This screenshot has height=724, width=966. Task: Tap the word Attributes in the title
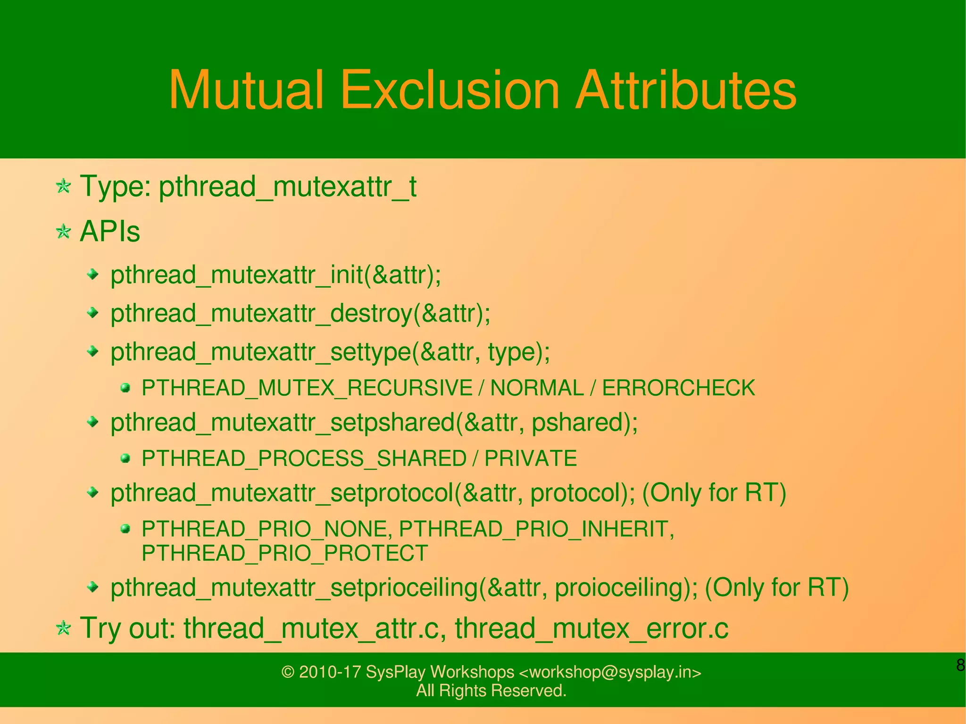pos(686,90)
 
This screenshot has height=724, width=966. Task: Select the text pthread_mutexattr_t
pos(287,187)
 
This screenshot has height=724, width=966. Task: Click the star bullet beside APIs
pos(63,232)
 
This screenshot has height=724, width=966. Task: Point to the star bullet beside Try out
pos(63,628)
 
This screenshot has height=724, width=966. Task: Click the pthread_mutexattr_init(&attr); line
pos(276,275)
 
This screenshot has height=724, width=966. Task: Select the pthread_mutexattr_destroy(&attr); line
pos(300,314)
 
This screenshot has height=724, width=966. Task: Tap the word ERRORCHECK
pos(678,388)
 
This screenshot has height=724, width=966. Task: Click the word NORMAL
pos(537,388)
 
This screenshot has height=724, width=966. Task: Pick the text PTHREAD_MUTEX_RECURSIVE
pos(307,388)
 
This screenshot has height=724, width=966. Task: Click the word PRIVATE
pos(531,458)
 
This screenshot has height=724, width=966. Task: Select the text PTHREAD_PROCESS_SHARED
pos(304,458)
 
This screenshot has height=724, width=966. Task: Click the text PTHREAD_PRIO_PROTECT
pos(285,553)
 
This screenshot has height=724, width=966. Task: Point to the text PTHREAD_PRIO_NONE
pos(265,529)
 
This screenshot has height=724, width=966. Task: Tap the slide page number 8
pos(960,665)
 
